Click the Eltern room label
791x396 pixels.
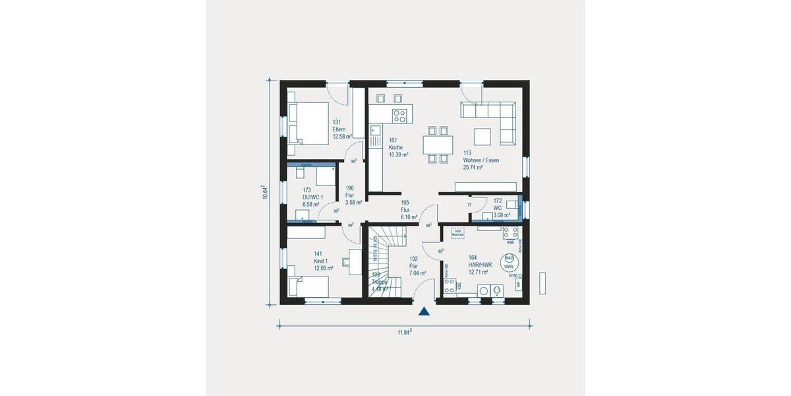[339, 129]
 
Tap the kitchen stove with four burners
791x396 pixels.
[399, 116]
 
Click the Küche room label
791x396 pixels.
[395, 147]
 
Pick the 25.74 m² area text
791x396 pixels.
[473, 168]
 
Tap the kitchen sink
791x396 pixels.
[375, 138]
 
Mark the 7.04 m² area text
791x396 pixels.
[417, 273]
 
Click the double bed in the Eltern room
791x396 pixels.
[307, 122]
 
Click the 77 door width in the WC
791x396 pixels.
[469, 206]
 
